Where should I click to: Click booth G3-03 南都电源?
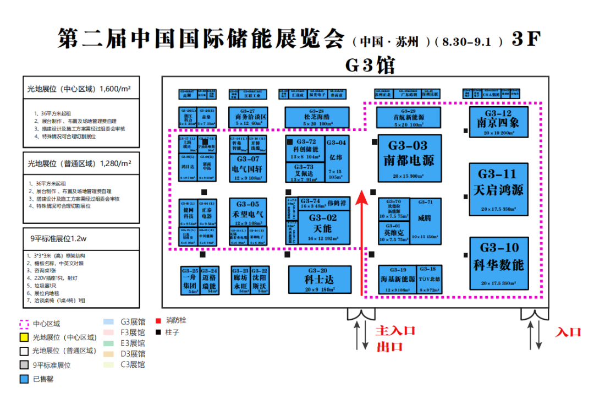[410, 158]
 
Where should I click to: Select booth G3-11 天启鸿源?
[498, 189]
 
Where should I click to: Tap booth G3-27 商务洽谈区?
[248, 117]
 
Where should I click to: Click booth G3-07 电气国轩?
[248, 167]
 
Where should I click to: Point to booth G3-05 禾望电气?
[248, 211]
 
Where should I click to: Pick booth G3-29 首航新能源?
[409, 117]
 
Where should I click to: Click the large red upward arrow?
[361, 242]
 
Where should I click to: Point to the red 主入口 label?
[395, 331]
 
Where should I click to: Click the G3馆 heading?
[370, 65]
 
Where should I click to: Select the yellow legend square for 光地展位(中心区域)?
[24, 337]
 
